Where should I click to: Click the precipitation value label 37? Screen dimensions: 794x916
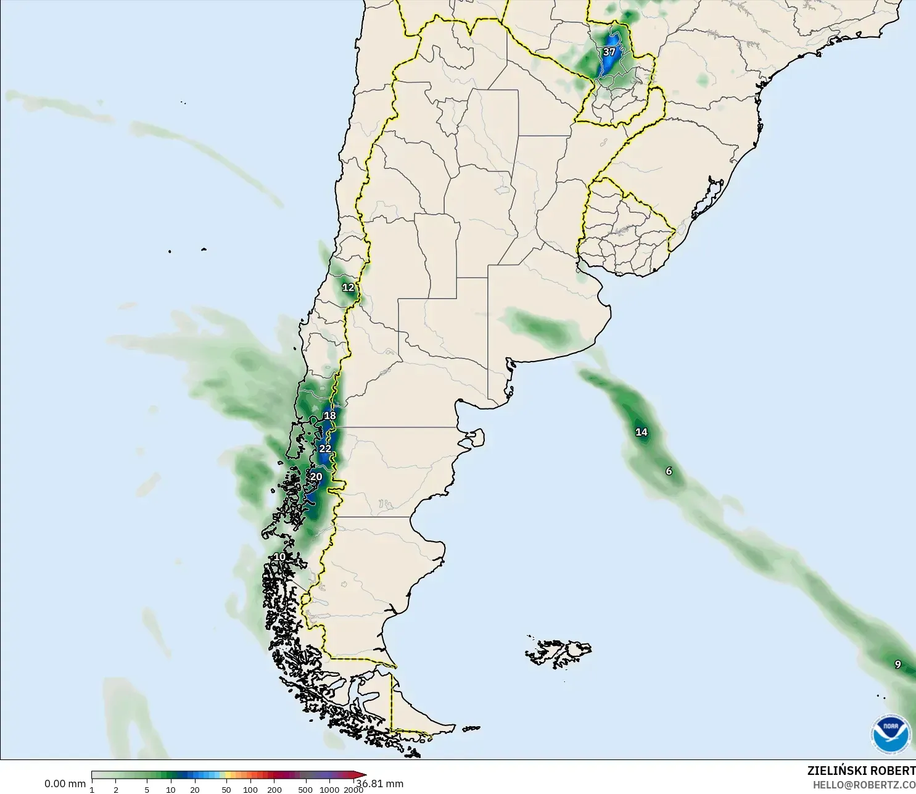pos(609,52)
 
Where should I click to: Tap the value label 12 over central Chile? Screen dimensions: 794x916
pos(349,287)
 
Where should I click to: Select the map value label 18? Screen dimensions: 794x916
pos(330,416)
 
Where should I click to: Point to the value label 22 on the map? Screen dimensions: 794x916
pos(325,449)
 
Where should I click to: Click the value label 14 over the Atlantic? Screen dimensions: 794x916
pos(642,432)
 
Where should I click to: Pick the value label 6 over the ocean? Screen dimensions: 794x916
pos(669,471)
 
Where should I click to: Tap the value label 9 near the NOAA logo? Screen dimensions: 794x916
pos(898,664)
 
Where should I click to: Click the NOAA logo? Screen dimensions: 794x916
pos(891,734)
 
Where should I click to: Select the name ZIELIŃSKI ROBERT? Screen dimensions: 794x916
pos(861,771)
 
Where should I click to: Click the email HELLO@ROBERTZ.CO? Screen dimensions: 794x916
pos(864,785)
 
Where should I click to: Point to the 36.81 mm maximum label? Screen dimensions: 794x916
pos(380,784)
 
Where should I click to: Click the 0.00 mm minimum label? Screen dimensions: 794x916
pos(65,784)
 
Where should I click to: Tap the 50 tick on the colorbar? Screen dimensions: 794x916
pos(226,790)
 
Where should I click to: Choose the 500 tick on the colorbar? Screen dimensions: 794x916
pos(305,790)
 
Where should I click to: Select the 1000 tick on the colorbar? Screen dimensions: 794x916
pos(329,790)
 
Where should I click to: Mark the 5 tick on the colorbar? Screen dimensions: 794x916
pos(147,790)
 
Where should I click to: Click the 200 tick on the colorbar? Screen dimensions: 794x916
pos(274,790)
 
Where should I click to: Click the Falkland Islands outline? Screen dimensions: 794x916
pos(558,653)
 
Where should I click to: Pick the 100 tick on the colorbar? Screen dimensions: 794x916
pos(250,790)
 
